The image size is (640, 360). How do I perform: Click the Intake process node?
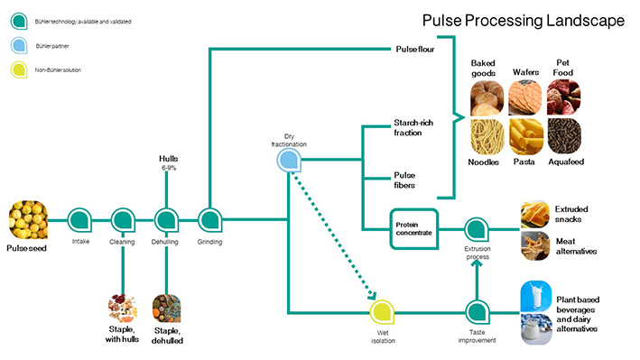click(79, 220)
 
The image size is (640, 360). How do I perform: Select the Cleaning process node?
click(123, 220)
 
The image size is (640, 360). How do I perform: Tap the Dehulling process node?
click(166, 220)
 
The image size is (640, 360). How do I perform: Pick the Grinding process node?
click(209, 220)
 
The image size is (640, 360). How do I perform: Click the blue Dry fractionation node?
click(289, 160)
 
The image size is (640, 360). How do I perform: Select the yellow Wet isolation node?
click(382, 312)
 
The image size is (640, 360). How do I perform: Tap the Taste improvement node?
click(478, 312)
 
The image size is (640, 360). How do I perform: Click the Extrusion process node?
click(477, 229)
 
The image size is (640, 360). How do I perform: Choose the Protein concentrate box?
click(413, 229)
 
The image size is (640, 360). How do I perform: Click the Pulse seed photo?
click(28, 219)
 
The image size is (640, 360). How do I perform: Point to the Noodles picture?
click(487, 137)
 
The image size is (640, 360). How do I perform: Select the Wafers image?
click(524, 98)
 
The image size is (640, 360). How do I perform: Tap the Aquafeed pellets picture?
click(564, 137)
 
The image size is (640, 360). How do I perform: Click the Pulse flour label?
click(414, 50)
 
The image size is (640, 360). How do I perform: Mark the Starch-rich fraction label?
click(413, 128)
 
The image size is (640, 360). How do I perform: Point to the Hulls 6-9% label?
click(168, 162)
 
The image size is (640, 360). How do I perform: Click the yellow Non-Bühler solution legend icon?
click(19, 69)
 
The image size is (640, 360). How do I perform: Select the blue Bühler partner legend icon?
click(19, 45)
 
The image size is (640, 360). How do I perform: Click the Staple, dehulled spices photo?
click(166, 309)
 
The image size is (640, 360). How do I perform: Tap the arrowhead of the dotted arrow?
click(371, 295)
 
